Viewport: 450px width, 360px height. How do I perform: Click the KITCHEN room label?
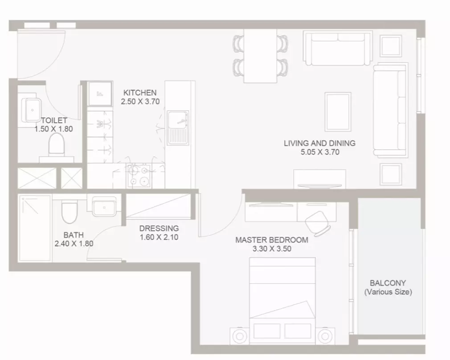click(140, 93)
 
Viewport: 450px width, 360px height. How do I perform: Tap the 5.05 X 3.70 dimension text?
click(320, 152)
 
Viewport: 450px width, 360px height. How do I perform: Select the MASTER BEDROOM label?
click(272, 240)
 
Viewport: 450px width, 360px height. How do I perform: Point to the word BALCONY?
click(388, 283)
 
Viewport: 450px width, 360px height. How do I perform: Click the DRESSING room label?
click(159, 229)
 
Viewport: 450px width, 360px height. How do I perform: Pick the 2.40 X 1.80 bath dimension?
click(74, 244)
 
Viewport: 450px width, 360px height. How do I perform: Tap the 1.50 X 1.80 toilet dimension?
click(53, 129)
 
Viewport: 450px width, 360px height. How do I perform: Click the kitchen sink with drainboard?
click(178, 127)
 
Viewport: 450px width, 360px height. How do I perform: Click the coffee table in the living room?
click(338, 112)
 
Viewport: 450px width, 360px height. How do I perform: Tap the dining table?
click(260, 56)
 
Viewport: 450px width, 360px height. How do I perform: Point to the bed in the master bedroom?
click(282, 301)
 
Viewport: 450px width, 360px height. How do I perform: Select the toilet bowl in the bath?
click(70, 212)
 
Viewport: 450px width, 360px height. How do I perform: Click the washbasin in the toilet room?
click(31, 110)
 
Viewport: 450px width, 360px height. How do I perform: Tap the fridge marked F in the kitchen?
click(100, 94)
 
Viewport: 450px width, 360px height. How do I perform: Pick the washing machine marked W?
click(100, 124)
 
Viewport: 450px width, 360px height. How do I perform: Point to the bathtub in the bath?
click(35, 228)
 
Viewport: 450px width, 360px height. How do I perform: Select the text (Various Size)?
click(388, 292)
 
